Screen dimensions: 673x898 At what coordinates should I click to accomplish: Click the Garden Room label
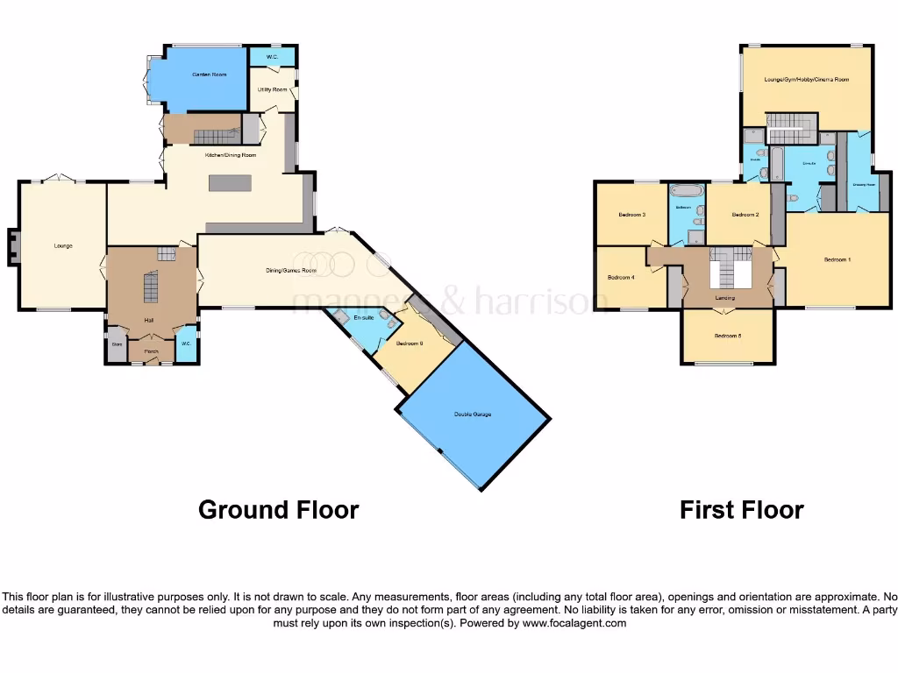209,75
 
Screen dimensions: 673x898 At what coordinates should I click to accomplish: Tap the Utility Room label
273,89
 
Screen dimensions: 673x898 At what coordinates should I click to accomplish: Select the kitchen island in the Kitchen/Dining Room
229,183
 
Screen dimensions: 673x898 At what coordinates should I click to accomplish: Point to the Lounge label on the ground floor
62,246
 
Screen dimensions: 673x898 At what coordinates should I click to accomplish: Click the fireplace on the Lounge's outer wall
11,246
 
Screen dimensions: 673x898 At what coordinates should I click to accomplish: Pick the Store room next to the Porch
116,344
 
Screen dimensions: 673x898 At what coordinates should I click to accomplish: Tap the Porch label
151,351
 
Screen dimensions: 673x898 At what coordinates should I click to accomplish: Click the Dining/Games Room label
291,270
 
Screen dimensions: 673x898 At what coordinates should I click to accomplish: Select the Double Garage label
472,414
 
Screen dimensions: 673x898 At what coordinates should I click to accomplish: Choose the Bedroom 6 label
410,344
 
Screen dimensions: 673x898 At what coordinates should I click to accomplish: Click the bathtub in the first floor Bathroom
685,190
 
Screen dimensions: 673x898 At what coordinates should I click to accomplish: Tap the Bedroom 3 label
631,215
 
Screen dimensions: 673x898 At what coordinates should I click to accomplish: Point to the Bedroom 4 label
621,278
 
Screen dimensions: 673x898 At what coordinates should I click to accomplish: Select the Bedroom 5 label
727,336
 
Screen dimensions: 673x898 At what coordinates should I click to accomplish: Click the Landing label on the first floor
725,299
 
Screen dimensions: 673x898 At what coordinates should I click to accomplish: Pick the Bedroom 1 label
837,259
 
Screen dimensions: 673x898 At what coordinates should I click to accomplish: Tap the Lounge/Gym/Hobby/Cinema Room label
806,80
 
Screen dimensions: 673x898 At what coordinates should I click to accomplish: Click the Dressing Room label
865,185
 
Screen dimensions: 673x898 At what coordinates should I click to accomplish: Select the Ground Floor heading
278,510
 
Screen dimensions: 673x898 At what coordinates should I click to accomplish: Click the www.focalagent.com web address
574,624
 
